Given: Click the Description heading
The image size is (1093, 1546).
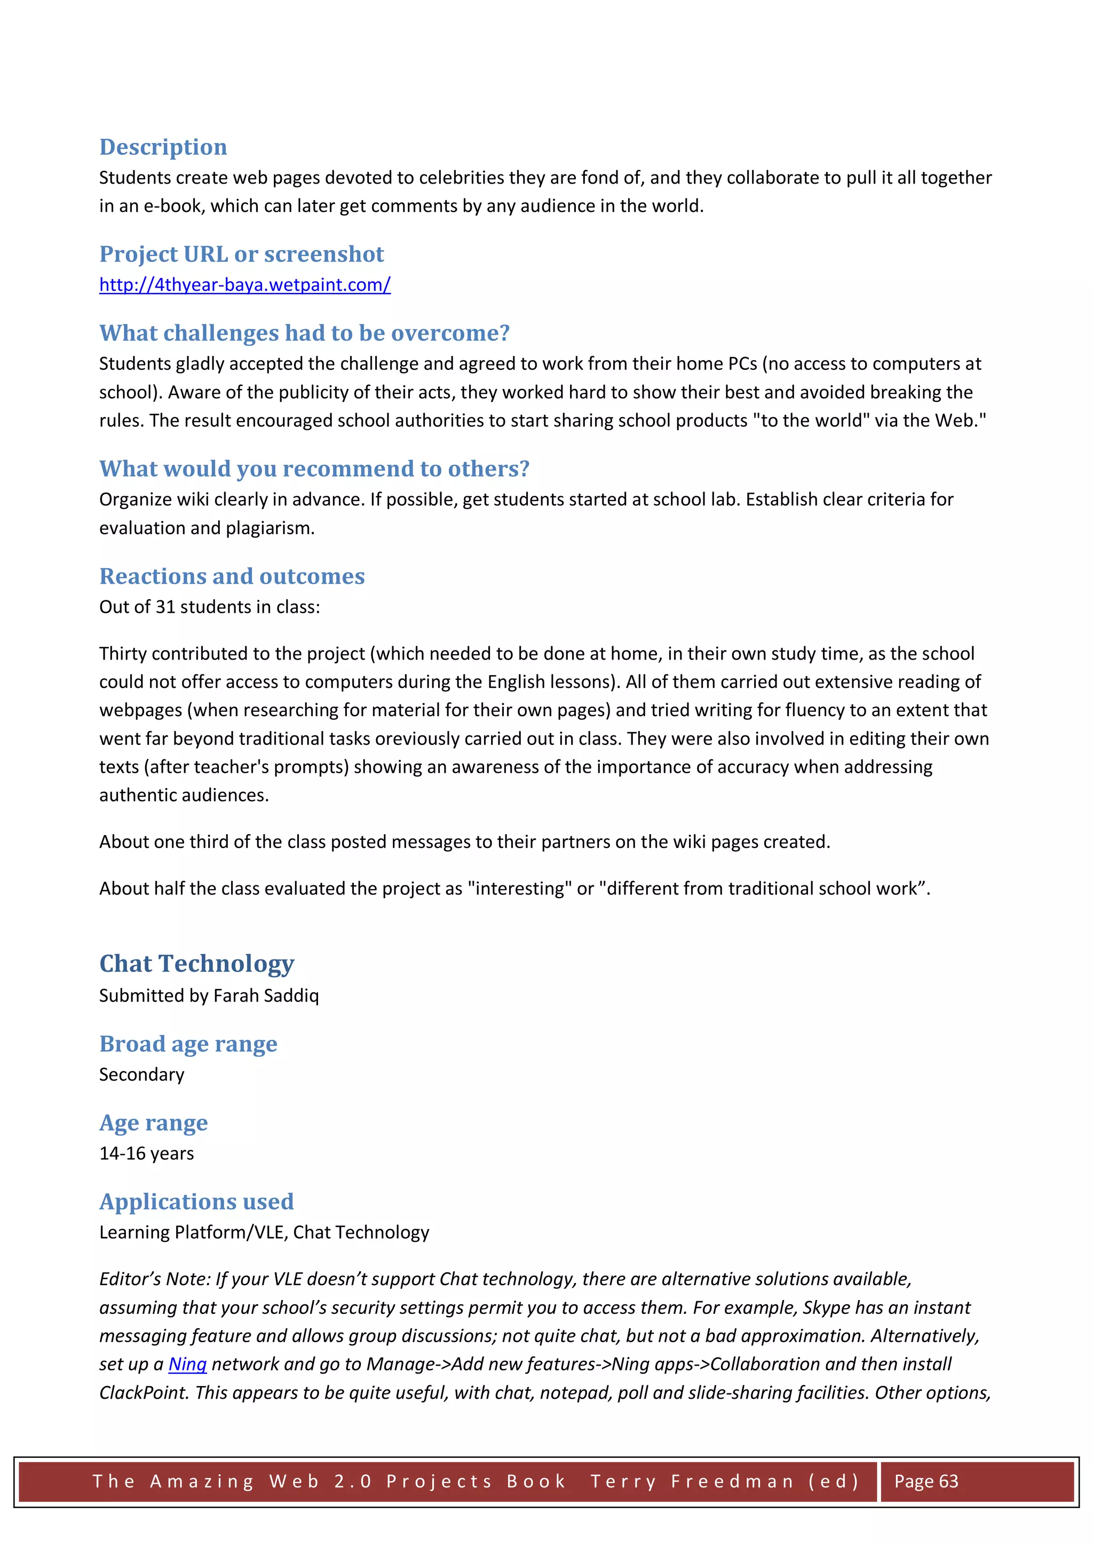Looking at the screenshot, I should tap(163, 147).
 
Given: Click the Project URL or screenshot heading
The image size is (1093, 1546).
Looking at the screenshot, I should tap(241, 254).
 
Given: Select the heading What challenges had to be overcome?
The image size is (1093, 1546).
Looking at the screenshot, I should tap(304, 332).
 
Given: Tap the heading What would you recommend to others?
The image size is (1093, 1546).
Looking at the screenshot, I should tap(314, 469).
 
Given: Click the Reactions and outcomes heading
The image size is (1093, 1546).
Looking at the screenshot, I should tap(232, 576).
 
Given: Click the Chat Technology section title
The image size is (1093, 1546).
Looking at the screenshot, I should tap(196, 964).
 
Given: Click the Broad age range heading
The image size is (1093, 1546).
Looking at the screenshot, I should tap(188, 1044).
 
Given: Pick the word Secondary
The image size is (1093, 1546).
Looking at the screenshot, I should tap(141, 1075).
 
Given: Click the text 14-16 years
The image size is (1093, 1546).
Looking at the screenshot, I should tap(146, 1153).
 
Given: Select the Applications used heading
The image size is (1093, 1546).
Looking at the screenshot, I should tap(196, 1202).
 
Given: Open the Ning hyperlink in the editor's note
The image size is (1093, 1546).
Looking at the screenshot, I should tap(187, 1364).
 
